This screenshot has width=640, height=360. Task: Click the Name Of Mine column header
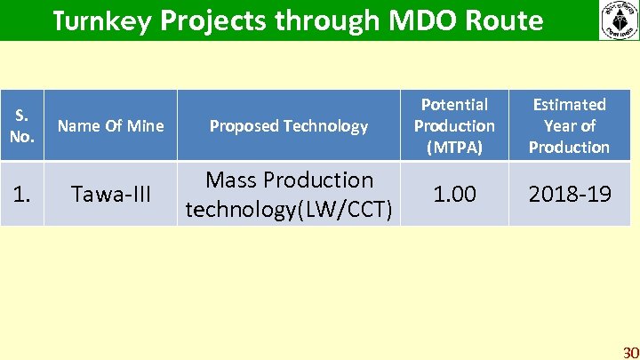[x=110, y=126]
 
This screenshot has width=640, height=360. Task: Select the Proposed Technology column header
[x=288, y=126]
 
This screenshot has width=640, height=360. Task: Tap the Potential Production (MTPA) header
[x=454, y=126]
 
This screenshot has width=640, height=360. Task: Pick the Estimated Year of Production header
[x=569, y=126]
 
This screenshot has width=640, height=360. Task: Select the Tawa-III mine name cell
[x=110, y=194]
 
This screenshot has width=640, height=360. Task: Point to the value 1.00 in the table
[x=454, y=193]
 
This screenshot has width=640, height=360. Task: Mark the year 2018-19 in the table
[x=569, y=193]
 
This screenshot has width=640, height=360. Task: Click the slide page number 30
[x=630, y=351]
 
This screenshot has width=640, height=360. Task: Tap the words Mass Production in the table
[x=289, y=180]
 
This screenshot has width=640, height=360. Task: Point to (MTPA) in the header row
[x=454, y=147]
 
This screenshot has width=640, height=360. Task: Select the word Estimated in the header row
[x=569, y=105]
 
